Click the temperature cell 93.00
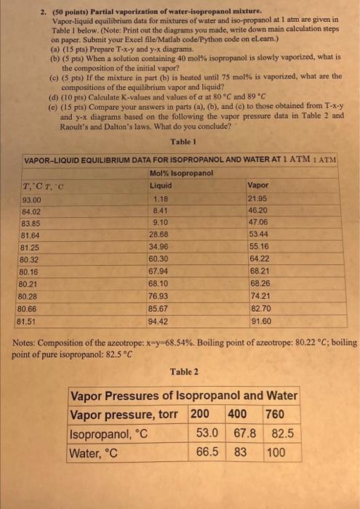coord(33,200)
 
